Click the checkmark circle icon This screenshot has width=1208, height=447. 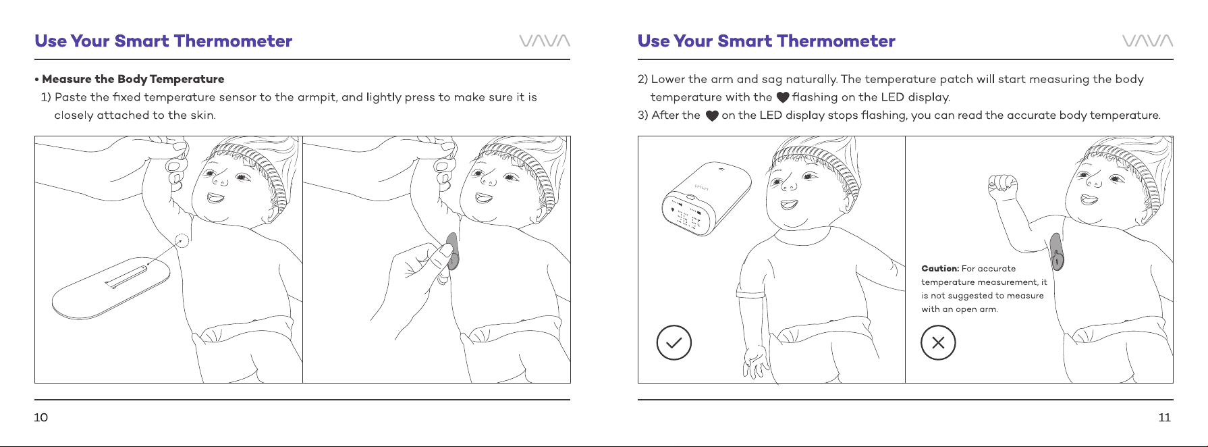pos(674,342)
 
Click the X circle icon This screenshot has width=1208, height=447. pos(938,342)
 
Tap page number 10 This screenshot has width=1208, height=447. pos(41,417)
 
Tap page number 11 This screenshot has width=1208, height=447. pos(1164,417)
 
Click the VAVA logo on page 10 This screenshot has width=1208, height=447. pos(545,41)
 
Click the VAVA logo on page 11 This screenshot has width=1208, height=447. pos(1148,41)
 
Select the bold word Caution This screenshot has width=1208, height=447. pos(940,269)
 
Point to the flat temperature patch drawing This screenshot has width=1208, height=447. pos(110,287)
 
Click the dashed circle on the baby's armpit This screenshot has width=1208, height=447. pos(182,240)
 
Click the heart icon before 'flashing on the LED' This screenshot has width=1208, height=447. pos(783,98)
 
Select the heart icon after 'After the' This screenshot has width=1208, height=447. pos(712,116)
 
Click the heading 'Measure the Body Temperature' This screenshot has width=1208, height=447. pos(133,79)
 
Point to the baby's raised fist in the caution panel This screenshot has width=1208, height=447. pos(1003,183)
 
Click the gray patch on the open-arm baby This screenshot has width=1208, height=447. pos(1057,251)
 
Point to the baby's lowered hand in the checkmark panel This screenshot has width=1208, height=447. pos(755,362)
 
